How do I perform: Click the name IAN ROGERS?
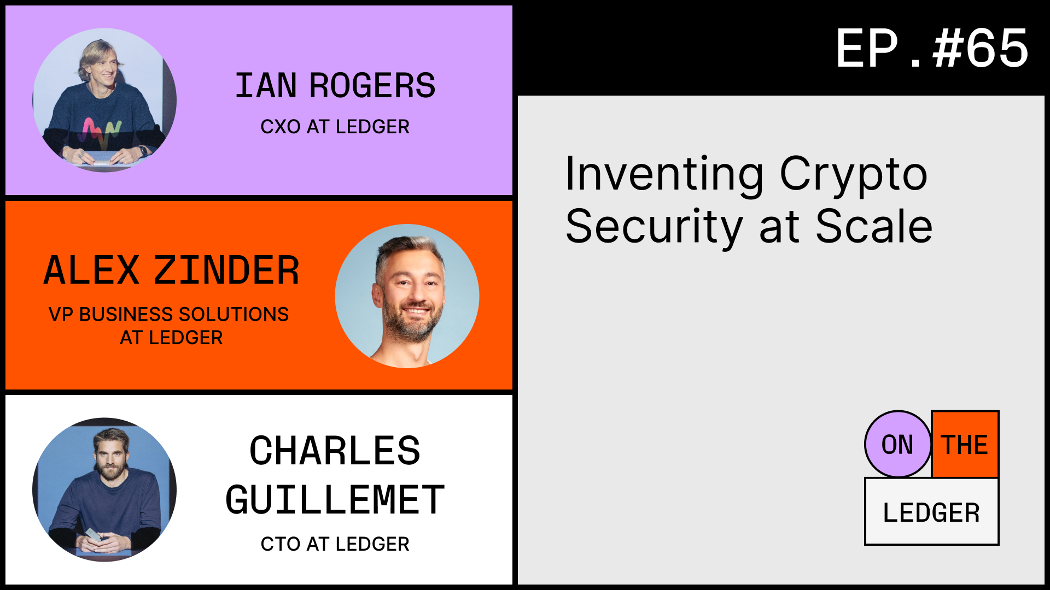335,86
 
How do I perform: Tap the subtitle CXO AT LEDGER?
335,127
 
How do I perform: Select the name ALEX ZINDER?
171,270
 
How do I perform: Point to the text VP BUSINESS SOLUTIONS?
168,314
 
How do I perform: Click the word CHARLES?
335,451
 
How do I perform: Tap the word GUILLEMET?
335,500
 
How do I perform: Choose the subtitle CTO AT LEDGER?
335,544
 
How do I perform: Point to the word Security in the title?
654,227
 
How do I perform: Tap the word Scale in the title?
874,226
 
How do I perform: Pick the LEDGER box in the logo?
931,512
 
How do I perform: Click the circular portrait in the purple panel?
104,100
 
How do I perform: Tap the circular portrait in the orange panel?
407,296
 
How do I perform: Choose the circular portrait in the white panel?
104,489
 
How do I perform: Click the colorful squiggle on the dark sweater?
101,132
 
